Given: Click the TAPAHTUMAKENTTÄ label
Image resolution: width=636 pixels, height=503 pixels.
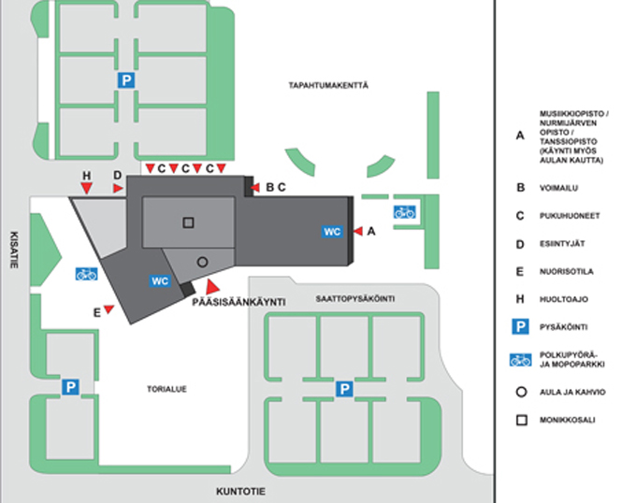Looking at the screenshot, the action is coord(328,85).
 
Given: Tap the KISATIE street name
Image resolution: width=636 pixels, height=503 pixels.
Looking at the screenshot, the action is coord(14,250).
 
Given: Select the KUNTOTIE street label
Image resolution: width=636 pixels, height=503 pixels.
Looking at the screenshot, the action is coord(240,492).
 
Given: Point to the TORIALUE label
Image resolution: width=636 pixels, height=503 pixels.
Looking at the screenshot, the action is coord(166,389).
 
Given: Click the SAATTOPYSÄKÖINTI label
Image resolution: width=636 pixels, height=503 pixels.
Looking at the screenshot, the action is coord(355,299).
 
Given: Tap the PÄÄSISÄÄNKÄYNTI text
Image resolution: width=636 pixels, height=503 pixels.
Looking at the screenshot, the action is coord(238,302).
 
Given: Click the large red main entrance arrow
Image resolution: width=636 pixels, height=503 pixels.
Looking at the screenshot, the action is coord(212,286).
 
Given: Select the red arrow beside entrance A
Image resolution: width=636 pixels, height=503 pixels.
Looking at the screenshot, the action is coord(358,231).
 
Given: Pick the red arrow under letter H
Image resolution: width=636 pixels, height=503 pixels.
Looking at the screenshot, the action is coord(86,188).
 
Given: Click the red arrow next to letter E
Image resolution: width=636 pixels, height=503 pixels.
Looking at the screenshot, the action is coord(108,309).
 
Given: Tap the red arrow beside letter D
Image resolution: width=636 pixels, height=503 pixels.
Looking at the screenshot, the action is coord(118,188).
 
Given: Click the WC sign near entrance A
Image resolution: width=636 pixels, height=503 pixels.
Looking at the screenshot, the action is coord(332,232).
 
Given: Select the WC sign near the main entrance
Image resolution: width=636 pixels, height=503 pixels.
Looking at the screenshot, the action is coord(160,280).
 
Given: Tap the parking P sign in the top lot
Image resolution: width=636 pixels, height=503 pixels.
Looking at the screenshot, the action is coord(126,80).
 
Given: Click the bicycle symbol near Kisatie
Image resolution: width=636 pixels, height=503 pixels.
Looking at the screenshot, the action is coord(86,274).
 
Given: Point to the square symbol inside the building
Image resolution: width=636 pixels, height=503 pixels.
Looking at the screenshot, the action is coord(188,223).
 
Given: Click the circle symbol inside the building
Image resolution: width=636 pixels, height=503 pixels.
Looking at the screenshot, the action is coord(202,262).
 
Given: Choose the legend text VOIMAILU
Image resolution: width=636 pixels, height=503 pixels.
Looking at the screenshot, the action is coord(558,188).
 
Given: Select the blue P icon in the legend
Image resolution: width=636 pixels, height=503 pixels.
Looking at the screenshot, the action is coord(520,326).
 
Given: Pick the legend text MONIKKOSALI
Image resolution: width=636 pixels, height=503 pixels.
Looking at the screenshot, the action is coord(567,420).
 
